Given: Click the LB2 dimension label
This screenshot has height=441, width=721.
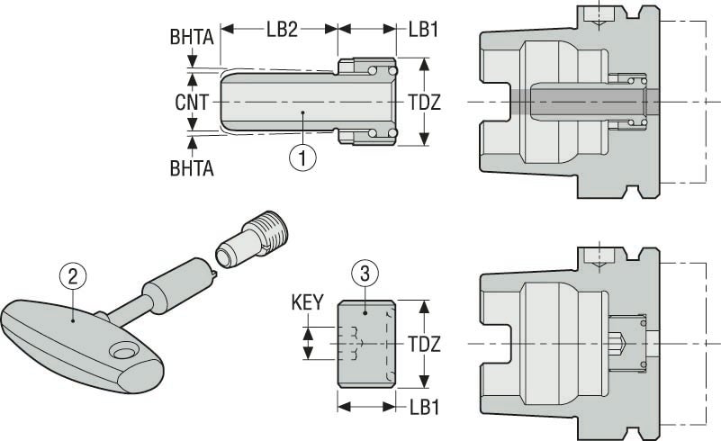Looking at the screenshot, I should coord(281,28).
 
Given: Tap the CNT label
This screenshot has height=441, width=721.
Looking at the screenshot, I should coord(192,103).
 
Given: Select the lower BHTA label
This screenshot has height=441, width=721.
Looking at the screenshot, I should coord(191,167).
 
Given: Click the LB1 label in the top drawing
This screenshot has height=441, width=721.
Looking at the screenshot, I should coord(423,28).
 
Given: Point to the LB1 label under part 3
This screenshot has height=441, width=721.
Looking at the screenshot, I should coord(423,407).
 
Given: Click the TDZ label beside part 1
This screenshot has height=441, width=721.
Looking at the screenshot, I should coord(423,103).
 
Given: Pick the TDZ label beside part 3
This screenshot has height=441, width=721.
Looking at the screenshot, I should coord(423,344).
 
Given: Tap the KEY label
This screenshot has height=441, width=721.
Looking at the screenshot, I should coord(307,304).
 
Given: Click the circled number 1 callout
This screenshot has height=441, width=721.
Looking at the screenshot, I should coord(302,157).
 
